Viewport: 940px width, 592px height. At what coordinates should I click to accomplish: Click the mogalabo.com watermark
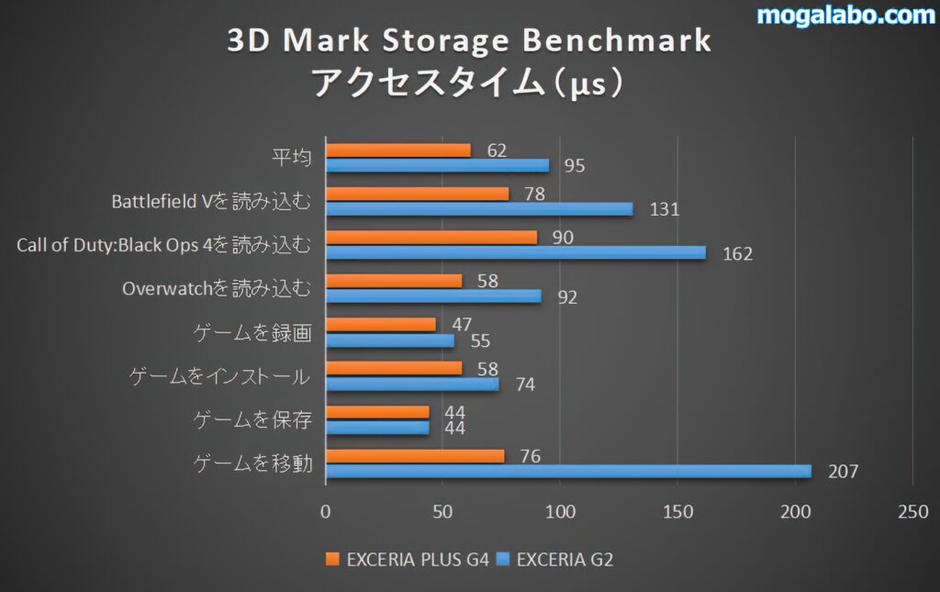845,16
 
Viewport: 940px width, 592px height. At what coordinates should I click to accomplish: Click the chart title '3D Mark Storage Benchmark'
468,41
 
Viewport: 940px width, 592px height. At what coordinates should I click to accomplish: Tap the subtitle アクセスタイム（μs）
468,83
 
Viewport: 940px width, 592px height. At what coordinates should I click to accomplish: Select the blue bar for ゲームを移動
568,471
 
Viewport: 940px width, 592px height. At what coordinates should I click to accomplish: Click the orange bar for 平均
398,151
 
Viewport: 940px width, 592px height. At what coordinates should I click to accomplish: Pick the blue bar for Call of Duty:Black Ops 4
516,252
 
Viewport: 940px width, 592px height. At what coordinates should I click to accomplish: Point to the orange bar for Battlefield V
418,194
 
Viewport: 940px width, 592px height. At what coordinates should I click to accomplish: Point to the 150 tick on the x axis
677,512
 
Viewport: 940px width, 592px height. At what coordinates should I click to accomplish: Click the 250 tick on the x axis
912,512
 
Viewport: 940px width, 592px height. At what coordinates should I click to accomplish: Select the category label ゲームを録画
252,332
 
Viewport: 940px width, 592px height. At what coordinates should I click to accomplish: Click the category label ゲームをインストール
218,376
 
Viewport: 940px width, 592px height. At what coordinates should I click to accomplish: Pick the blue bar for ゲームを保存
377,428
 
